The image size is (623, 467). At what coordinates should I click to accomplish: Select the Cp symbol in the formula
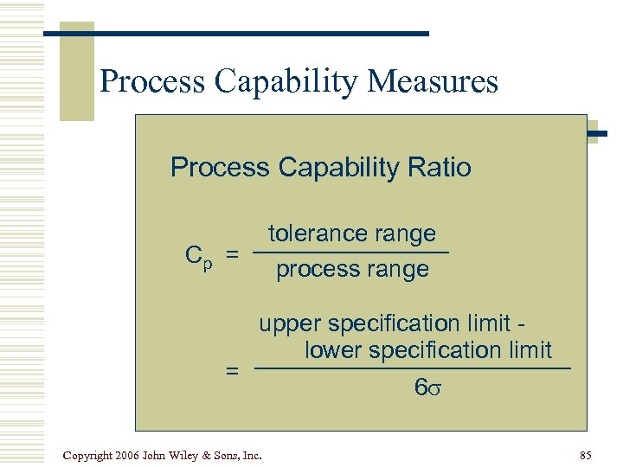pyautogui.click(x=198, y=256)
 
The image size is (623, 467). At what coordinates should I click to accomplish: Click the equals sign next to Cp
pyautogui.click(x=232, y=255)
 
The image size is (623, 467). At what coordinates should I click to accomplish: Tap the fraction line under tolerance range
pyautogui.click(x=351, y=252)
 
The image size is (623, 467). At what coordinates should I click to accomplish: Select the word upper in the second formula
pyautogui.click(x=288, y=323)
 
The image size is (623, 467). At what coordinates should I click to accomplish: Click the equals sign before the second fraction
pyautogui.click(x=232, y=371)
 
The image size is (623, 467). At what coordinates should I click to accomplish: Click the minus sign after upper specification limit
pyautogui.click(x=521, y=323)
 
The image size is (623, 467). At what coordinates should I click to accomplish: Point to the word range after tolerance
pyautogui.click(x=405, y=233)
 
